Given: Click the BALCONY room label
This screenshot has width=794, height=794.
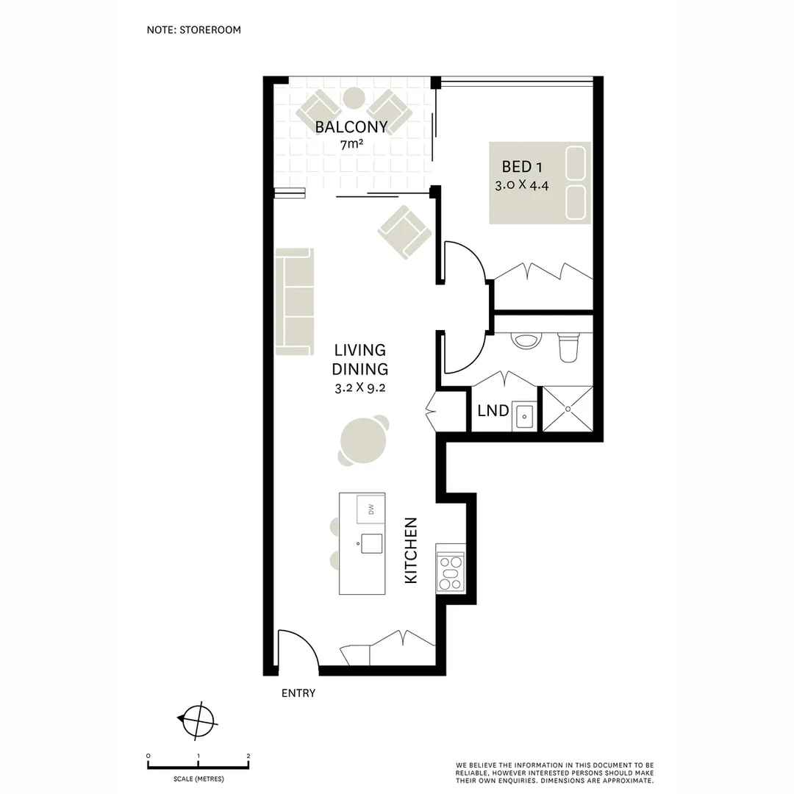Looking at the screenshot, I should tap(351, 127).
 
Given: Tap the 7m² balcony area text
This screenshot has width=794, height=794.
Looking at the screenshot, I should tap(351, 145).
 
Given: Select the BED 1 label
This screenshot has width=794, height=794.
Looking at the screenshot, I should tap(522, 167).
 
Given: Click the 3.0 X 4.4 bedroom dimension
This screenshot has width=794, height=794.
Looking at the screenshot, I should tap(522, 185).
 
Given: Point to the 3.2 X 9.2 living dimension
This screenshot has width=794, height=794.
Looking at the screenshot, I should tap(360, 388).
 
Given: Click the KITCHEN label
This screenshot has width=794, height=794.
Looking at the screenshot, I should tap(411, 551).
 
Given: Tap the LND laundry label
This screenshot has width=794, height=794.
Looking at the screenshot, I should tap(493, 410).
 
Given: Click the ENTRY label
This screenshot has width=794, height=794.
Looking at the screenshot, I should tap(298, 693).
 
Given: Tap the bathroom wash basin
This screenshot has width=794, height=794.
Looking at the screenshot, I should tap(526, 341).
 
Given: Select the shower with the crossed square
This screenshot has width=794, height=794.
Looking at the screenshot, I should tap(567, 409).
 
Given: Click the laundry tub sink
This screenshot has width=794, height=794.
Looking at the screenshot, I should tap(524, 415).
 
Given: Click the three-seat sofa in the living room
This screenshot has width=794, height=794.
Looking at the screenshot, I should tap(294, 301).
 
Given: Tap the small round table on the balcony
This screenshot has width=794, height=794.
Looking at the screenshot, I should tap(354, 98).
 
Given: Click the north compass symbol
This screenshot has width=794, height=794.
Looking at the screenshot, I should tap(198, 720).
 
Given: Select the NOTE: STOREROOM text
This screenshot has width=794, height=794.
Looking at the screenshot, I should tap(194, 30).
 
